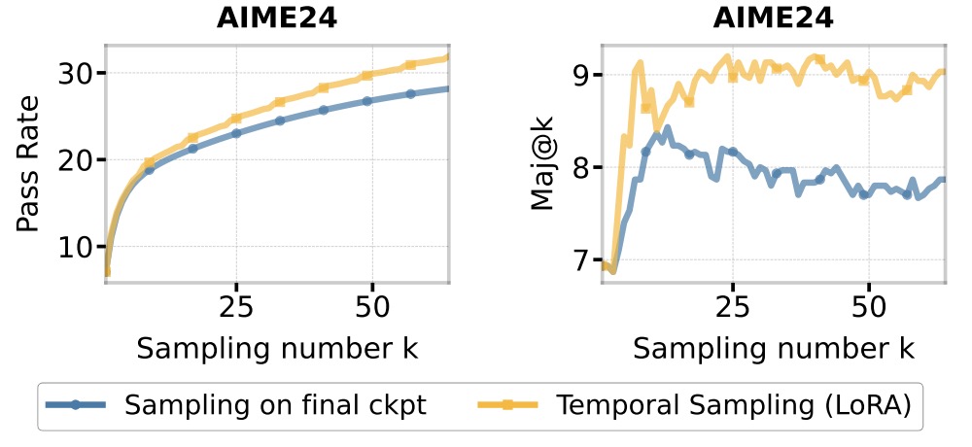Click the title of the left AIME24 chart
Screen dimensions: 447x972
tap(277, 18)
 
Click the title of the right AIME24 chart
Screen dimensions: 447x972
tap(774, 18)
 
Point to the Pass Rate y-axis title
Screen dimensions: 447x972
tap(30, 164)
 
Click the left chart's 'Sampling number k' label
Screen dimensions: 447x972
tap(277, 349)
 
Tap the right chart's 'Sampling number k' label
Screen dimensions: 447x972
tap(774, 349)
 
